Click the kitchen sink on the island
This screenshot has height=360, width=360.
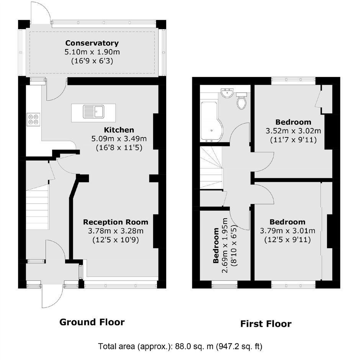click(x=93, y=111)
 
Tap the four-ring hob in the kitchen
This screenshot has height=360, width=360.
click(x=33, y=119)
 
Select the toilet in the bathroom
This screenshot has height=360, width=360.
click(x=241, y=101)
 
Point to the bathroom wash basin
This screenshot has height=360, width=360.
click(x=227, y=93)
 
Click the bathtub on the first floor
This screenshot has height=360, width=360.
click(x=212, y=121)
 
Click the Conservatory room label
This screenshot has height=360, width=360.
click(x=92, y=43)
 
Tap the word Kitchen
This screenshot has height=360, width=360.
click(x=119, y=130)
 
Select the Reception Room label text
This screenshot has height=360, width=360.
click(x=116, y=222)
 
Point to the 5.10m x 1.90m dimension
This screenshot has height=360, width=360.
click(x=92, y=52)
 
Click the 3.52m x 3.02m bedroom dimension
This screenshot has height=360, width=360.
click(x=293, y=131)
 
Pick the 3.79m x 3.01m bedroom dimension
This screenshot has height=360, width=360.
click(x=288, y=231)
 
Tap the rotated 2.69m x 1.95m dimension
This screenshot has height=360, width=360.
click(x=225, y=245)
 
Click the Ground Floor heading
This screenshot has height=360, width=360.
click(x=92, y=322)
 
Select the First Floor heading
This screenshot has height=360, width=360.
click(x=266, y=324)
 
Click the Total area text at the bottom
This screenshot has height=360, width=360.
click(x=180, y=346)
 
